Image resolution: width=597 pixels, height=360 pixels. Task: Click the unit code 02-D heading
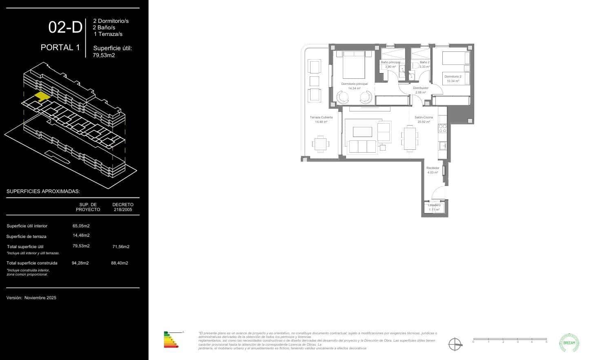(x=65, y=27)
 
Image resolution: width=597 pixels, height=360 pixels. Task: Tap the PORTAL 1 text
(x=60, y=47)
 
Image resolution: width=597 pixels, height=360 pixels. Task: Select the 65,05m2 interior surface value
(x=81, y=225)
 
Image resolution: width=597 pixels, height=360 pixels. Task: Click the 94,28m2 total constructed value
(x=80, y=263)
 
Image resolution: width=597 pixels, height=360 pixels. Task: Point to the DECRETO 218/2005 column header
(x=123, y=207)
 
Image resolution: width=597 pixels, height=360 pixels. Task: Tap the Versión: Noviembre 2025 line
(x=31, y=298)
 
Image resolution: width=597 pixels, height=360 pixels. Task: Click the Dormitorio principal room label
(x=354, y=84)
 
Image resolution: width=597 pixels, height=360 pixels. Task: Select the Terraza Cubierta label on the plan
(x=321, y=117)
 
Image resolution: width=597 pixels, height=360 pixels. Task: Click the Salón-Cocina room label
(x=424, y=117)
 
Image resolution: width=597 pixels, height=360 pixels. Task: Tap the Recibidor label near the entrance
(x=433, y=168)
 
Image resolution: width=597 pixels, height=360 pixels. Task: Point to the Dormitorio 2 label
(x=453, y=76)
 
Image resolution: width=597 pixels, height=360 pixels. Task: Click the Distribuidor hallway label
(x=420, y=88)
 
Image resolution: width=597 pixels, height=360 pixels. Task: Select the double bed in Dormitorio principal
(x=353, y=64)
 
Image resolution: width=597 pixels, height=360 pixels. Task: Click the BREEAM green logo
(x=569, y=343)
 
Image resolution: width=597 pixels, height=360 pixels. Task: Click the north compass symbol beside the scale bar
(x=455, y=344)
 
